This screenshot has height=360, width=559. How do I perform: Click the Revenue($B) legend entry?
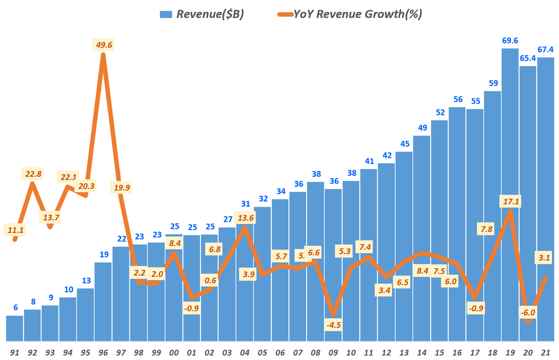coord(202,14)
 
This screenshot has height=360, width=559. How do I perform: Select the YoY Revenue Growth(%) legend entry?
coord(349,14)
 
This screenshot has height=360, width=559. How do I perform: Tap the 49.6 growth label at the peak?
coord(103,45)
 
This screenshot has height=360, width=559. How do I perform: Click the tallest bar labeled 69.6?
coord(510,191)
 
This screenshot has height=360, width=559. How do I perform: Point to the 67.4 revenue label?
coord(546,49)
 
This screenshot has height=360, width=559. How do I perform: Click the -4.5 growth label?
coord(333,326)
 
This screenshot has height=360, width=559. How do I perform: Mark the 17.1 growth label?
coord(510,202)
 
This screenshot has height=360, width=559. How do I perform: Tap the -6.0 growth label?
coord(528,312)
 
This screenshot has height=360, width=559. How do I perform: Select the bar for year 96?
coord(103,300)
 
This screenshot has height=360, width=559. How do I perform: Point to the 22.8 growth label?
coord(33,174)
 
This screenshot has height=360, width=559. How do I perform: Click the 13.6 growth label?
coord(245,217)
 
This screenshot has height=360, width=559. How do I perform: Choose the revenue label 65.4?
coord(528,58)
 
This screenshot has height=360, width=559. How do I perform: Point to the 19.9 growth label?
coord(121,188)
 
